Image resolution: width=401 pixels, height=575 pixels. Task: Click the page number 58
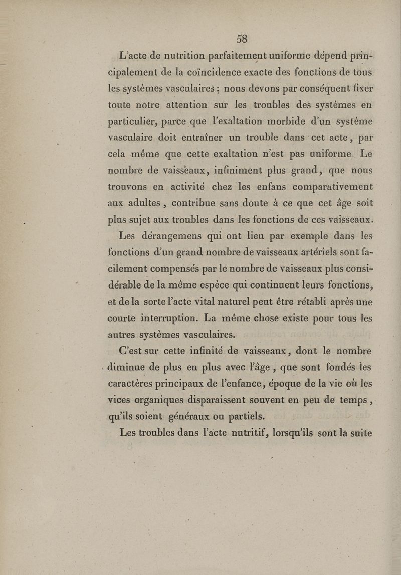point(243,39)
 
